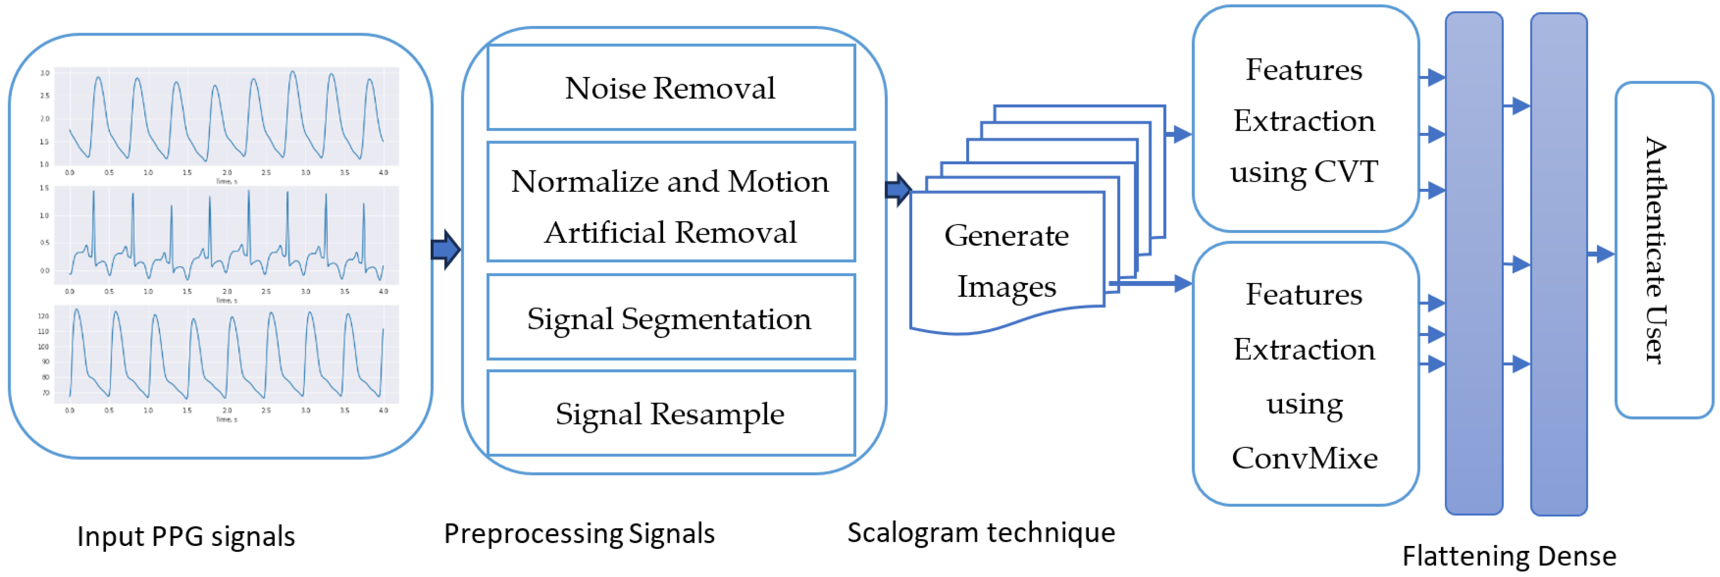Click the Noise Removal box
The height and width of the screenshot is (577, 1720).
tap(670, 87)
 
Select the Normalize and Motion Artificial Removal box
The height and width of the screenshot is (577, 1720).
tap(670, 202)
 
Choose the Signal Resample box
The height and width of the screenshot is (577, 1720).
tap(670, 414)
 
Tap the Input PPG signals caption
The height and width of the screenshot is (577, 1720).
tap(185, 536)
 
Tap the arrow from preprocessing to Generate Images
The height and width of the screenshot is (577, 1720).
tap(898, 190)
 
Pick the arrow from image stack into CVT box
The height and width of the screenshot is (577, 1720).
tap(1179, 134)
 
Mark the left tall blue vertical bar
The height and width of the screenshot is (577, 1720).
tap(1474, 264)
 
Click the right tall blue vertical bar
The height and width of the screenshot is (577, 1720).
tap(1558, 264)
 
